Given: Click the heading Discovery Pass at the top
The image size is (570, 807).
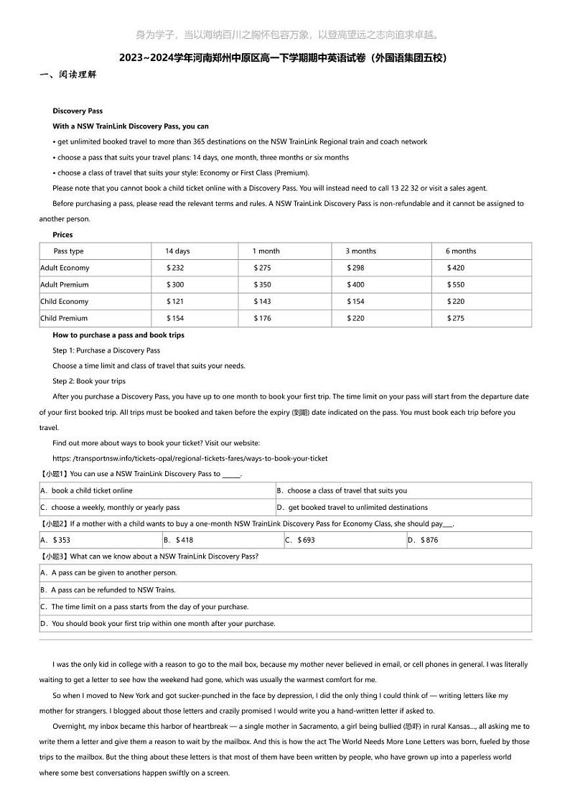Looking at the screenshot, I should pos(78,111).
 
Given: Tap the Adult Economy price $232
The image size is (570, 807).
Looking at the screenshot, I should pos(175,268).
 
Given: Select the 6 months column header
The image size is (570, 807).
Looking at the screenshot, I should pos(461,251).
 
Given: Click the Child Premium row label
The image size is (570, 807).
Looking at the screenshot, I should pos(64,318).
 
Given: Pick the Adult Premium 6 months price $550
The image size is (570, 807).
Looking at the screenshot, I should pos(456,285).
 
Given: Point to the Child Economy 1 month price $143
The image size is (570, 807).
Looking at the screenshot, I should pos(262,302).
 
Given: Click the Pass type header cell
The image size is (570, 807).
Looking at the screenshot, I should pos(68,251).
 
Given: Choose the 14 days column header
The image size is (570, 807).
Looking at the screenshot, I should pos(177,251).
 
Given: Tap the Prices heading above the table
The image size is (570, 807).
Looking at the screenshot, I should pos(62,235).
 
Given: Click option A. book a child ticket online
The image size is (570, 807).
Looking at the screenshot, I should pos(87,491).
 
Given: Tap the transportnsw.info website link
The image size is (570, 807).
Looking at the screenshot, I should pos(190,458).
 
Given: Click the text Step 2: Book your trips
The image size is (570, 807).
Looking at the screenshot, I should pos(89,381).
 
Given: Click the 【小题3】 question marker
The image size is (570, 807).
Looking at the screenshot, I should pos(55,556).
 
